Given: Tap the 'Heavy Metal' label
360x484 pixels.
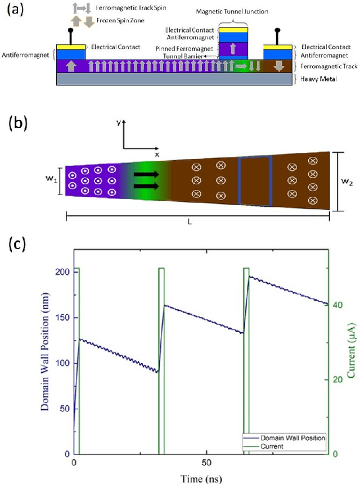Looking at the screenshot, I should (318, 79).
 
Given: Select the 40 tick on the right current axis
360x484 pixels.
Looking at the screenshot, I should (339, 305).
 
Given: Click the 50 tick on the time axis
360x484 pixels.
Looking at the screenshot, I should (206, 462).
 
